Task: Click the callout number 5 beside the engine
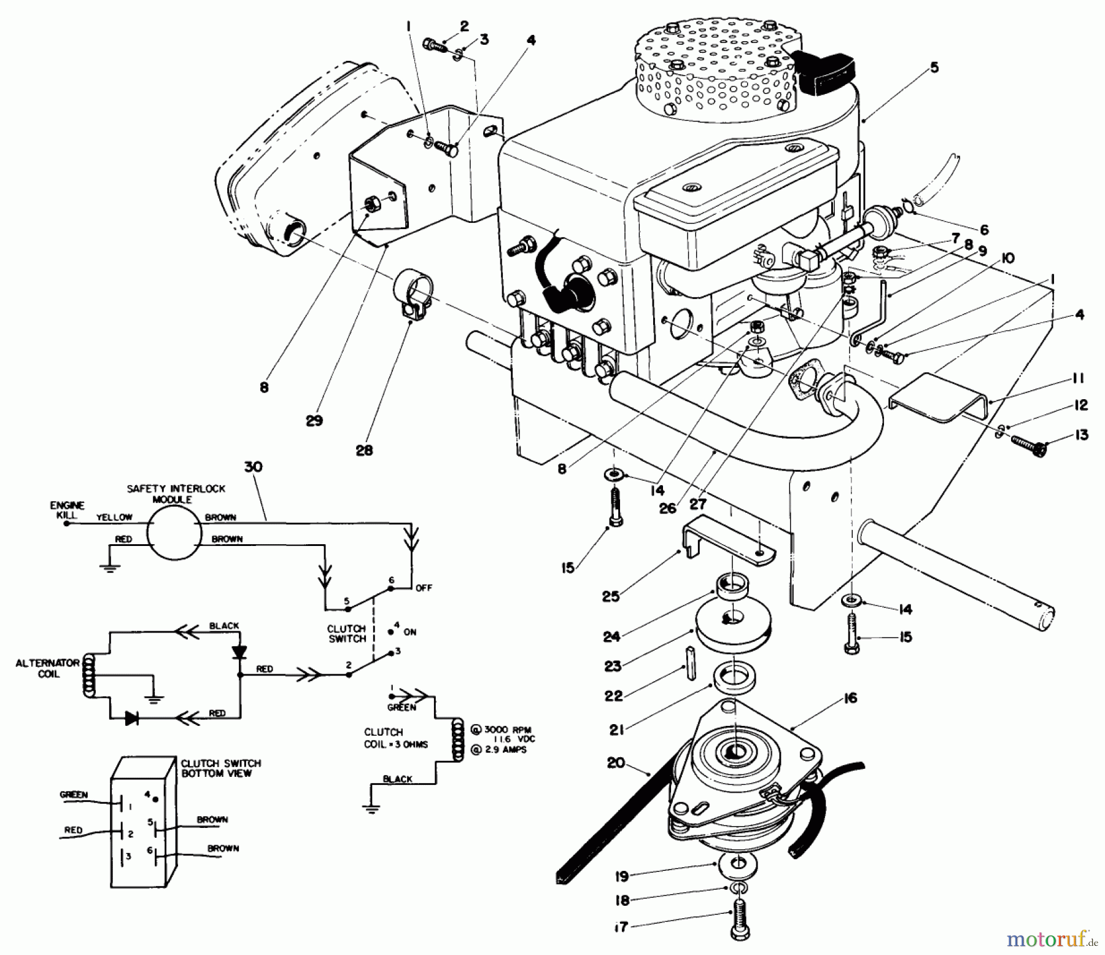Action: pyautogui.click(x=934, y=68)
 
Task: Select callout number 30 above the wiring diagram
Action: pyautogui.click(x=253, y=467)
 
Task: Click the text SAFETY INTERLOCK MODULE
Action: pyautogui.click(x=176, y=494)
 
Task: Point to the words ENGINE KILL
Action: pyautogui.click(x=66, y=510)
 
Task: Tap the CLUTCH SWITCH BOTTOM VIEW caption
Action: pyautogui.click(x=220, y=768)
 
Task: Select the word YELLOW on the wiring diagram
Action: pyautogui.click(x=114, y=518)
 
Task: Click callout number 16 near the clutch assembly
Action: pyautogui.click(x=850, y=698)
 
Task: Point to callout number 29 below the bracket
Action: pyautogui.click(x=314, y=421)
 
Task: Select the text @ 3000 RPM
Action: pyautogui.click(x=498, y=730)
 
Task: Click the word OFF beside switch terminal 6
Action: pyautogui.click(x=424, y=588)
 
